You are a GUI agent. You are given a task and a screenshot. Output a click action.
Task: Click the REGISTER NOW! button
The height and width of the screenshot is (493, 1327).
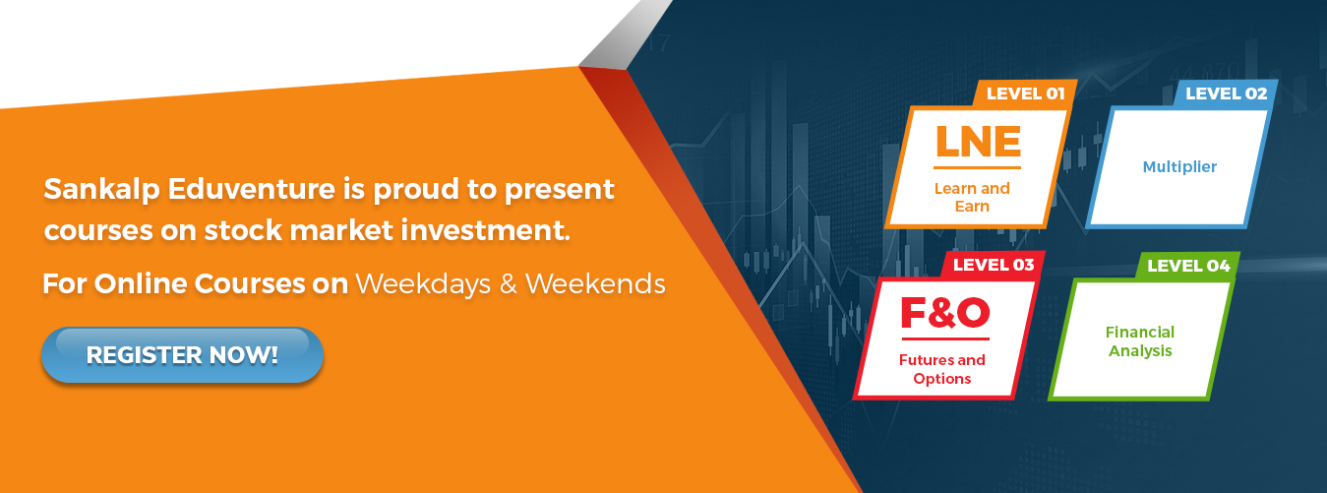[x=182, y=355]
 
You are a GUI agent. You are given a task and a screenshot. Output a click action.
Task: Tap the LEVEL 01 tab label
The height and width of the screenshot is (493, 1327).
[x=1025, y=93]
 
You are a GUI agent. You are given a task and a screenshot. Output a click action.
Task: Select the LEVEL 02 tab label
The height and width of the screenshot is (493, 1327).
[x=1227, y=93]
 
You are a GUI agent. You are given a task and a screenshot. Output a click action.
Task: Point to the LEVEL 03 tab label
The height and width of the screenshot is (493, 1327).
[x=994, y=265]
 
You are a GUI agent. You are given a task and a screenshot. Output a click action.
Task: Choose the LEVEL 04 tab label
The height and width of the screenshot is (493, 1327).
[x=1188, y=266]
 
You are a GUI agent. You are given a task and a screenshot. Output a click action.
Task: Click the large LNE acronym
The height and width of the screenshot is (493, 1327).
[x=978, y=142]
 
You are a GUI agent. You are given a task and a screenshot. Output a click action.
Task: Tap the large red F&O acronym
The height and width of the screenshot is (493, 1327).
[x=945, y=312]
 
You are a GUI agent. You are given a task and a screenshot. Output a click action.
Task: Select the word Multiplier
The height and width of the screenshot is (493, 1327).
[x=1179, y=167]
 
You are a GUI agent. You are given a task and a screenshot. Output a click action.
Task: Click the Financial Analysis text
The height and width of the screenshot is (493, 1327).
[x=1140, y=341]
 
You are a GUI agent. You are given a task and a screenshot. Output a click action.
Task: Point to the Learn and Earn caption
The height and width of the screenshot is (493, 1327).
[x=972, y=198]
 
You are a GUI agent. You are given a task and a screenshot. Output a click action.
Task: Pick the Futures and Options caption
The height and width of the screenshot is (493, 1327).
[x=942, y=369]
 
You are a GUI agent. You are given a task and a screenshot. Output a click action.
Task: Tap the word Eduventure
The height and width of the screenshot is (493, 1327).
[x=252, y=189]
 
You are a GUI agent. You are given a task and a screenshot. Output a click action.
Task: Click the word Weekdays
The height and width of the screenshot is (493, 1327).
[x=423, y=283]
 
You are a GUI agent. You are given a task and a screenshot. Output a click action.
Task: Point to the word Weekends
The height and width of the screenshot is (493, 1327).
[x=595, y=283]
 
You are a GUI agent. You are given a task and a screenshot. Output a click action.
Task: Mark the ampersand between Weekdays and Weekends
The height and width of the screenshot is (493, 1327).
[x=508, y=284]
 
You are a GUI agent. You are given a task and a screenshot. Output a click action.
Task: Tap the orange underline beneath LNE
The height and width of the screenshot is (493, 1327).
[x=978, y=167]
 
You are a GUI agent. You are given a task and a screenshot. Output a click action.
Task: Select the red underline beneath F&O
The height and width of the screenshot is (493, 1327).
[x=945, y=339]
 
